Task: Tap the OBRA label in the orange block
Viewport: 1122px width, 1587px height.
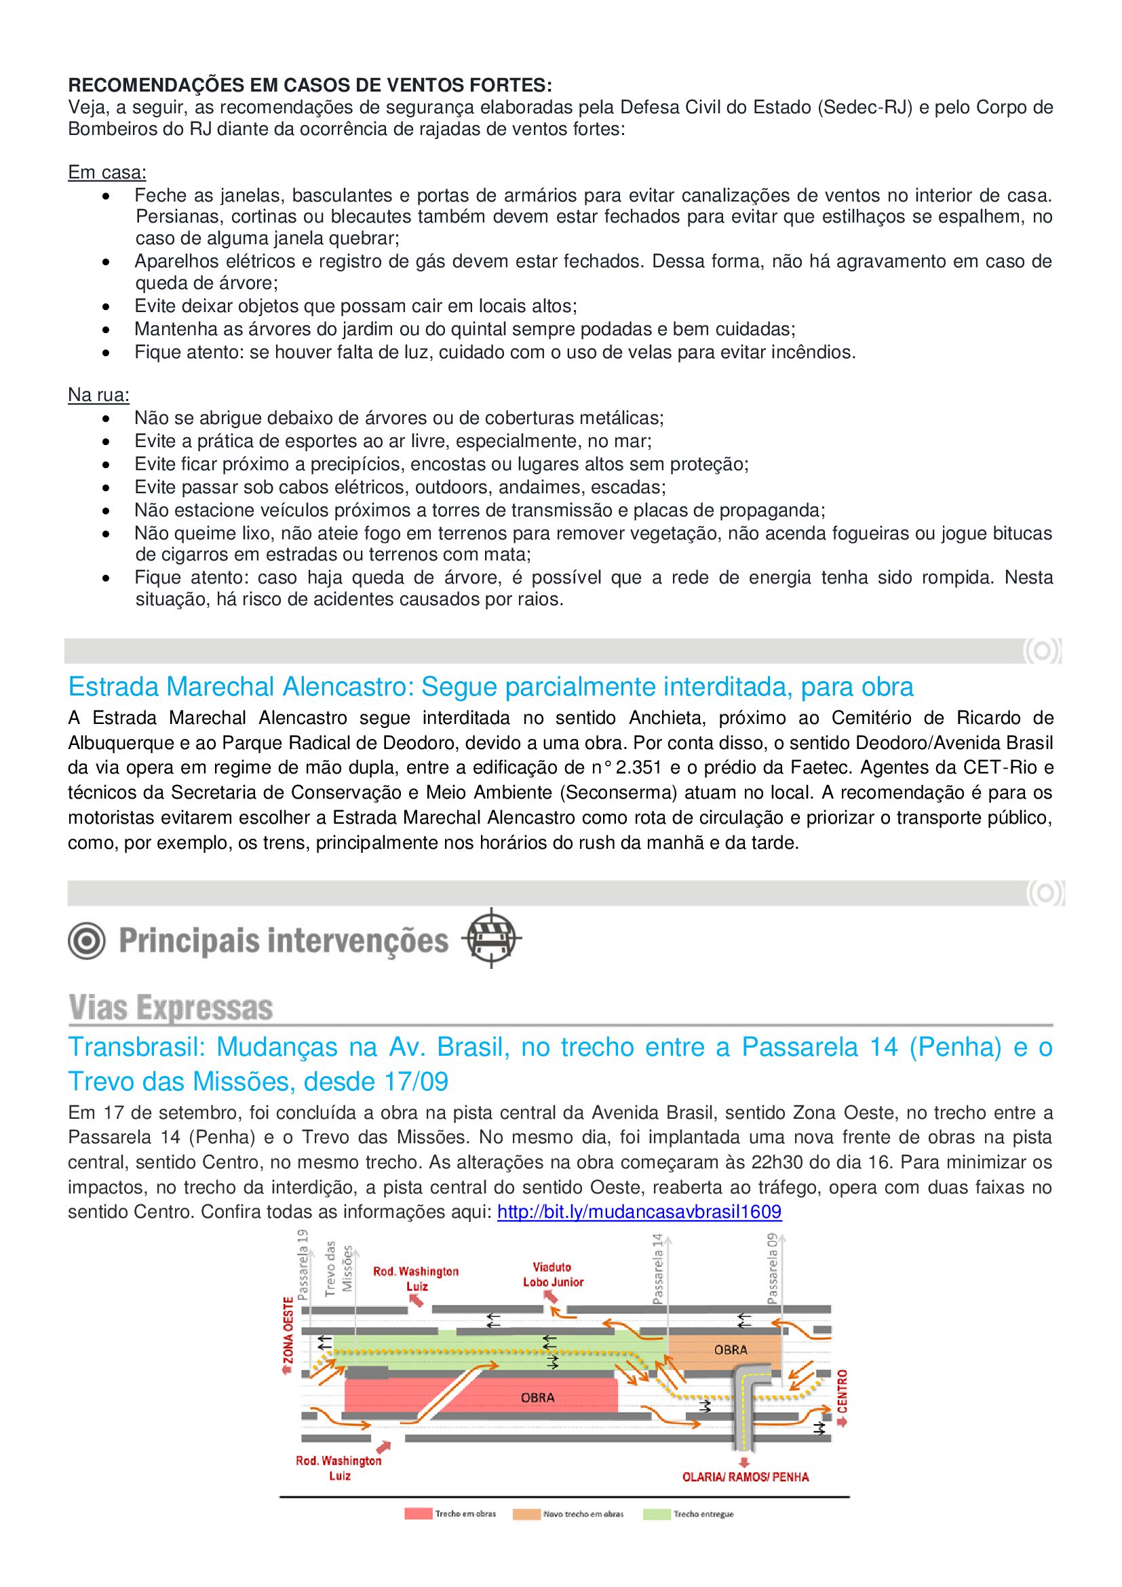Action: pos(731,1350)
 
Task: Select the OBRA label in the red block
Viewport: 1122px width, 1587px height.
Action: pos(537,1398)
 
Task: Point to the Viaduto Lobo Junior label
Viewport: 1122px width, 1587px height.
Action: pos(553,1275)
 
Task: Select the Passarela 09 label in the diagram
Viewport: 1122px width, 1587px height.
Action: pos(772,1268)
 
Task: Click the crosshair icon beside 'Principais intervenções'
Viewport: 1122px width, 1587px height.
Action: pos(490,938)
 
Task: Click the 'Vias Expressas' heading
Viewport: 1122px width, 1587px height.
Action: pos(171,1007)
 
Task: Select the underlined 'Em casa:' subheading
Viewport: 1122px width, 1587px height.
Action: pos(107,172)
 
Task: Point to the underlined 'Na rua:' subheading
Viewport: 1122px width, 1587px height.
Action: pos(99,395)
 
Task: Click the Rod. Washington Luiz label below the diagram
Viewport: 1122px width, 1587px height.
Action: pos(339,1468)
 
